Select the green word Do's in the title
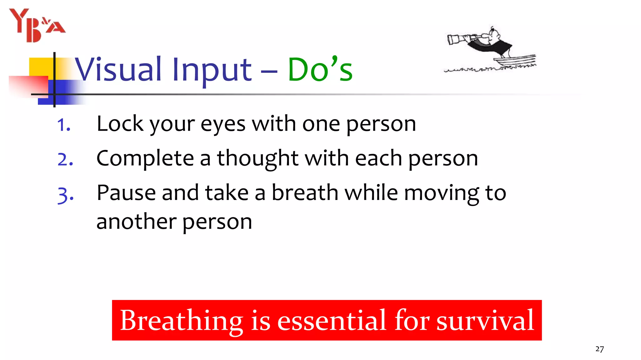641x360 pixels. click(320, 69)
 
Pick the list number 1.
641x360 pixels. click(64, 125)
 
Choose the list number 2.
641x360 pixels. click(65, 160)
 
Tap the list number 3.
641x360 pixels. click(65, 195)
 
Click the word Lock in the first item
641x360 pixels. click(120, 124)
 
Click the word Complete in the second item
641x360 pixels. click(145, 159)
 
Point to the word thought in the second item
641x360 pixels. click(258, 159)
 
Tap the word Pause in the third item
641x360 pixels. click(126, 193)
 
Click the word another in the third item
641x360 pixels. click(136, 222)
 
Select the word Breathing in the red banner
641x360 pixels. click(182, 321)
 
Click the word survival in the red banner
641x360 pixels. click(485, 321)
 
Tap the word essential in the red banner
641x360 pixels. click(332, 321)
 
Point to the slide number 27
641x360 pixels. click(599, 349)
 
